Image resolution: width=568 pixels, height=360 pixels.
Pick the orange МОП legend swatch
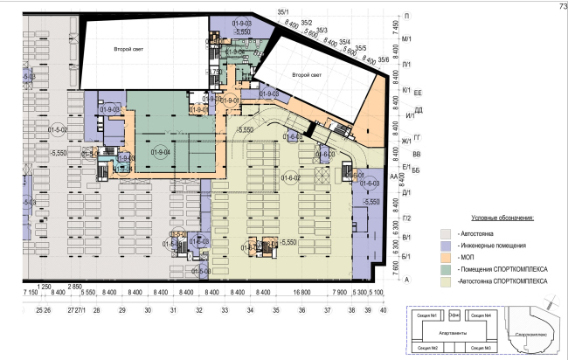coord(446,258)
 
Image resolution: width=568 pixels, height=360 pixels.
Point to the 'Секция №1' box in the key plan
coord(427,315)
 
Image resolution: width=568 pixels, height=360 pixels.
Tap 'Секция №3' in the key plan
coord(479,349)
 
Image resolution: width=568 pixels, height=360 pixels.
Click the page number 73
coord(560,6)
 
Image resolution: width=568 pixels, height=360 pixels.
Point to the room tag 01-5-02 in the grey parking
coord(59,130)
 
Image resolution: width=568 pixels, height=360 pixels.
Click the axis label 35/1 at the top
coord(283,11)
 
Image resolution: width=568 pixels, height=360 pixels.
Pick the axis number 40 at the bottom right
coord(383,310)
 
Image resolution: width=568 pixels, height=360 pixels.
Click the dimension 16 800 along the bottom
coord(302,292)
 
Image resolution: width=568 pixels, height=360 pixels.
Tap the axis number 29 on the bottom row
coord(122,310)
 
